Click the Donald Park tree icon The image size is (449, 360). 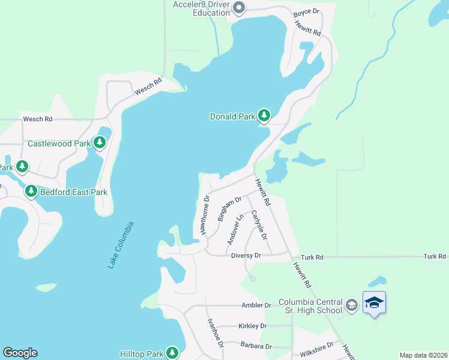(264, 115)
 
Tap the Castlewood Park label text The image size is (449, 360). (59, 144)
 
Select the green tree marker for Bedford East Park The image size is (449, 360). (31, 191)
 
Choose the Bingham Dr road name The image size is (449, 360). (229, 208)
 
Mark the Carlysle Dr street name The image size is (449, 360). (259, 224)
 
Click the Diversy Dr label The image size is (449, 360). (246, 256)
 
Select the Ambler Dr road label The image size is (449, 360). (256, 305)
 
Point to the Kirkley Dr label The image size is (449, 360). (252, 326)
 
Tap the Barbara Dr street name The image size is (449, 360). (256, 346)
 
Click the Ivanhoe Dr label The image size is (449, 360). (215, 334)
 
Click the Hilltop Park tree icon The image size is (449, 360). (173, 352)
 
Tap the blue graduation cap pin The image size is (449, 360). (374, 302)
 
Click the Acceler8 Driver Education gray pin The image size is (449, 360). (239, 8)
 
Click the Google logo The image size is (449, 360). (20, 353)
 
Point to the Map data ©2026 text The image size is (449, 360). (423, 355)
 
